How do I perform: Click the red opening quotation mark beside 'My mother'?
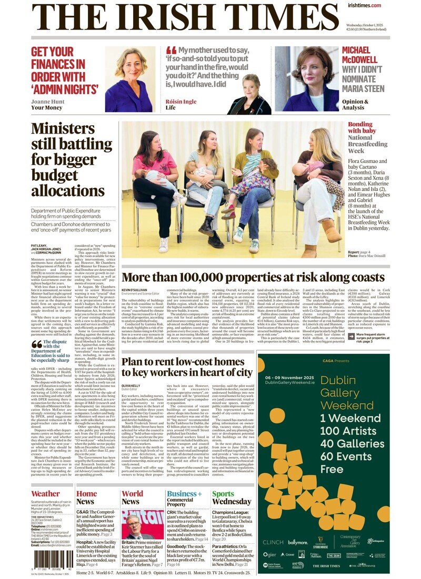(171, 52)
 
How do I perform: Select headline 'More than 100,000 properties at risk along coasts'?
(253, 278)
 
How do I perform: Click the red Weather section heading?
(45, 494)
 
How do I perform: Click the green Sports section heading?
(223, 494)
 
